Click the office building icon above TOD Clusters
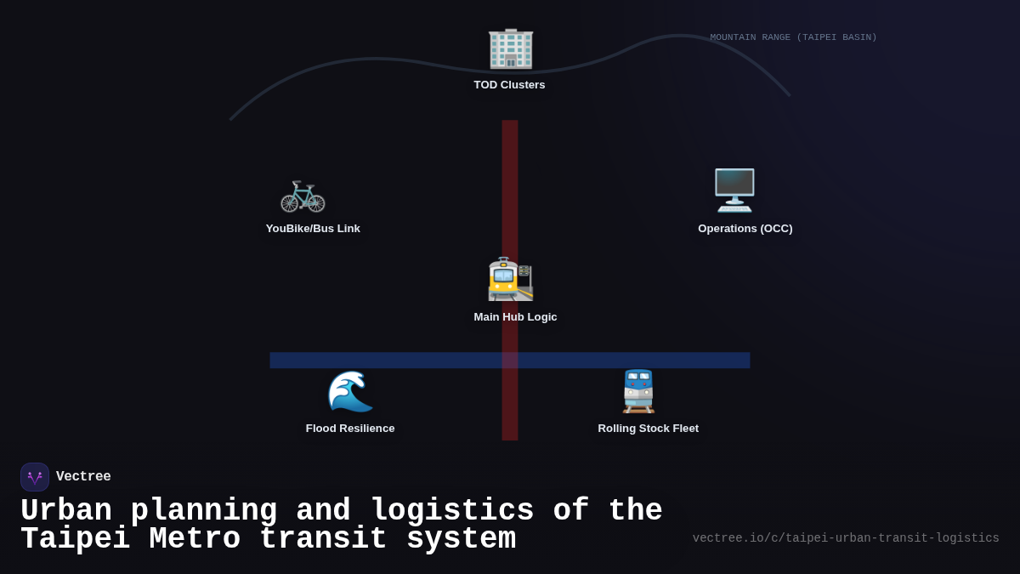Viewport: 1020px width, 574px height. coord(510,48)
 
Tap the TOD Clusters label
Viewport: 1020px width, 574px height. coord(509,85)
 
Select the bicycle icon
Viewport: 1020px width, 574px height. coord(303,195)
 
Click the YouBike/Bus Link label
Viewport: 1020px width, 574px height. coord(313,229)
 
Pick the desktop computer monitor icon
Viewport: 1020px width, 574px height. coord(734,190)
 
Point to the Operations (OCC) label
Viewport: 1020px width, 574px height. coord(745,229)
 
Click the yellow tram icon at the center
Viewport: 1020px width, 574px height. coord(510,279)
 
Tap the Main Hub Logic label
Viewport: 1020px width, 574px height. coord(515,317)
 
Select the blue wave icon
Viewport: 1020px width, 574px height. coord(350,391)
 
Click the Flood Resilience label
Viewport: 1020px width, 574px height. coord(350,429)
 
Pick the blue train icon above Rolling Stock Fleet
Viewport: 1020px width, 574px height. coord(638,391)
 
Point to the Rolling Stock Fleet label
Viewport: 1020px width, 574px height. coord(648,429)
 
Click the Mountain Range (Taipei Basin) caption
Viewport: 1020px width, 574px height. coord(793,37)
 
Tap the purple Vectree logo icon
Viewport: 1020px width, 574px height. coord(35,477)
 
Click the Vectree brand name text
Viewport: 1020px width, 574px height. coord(83,477)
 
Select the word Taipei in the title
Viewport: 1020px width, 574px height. coord(75,539)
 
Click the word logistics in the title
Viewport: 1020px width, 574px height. coord(452,511)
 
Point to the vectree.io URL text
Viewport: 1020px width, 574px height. coord(845,538)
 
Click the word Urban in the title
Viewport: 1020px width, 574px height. coord(66,511)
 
